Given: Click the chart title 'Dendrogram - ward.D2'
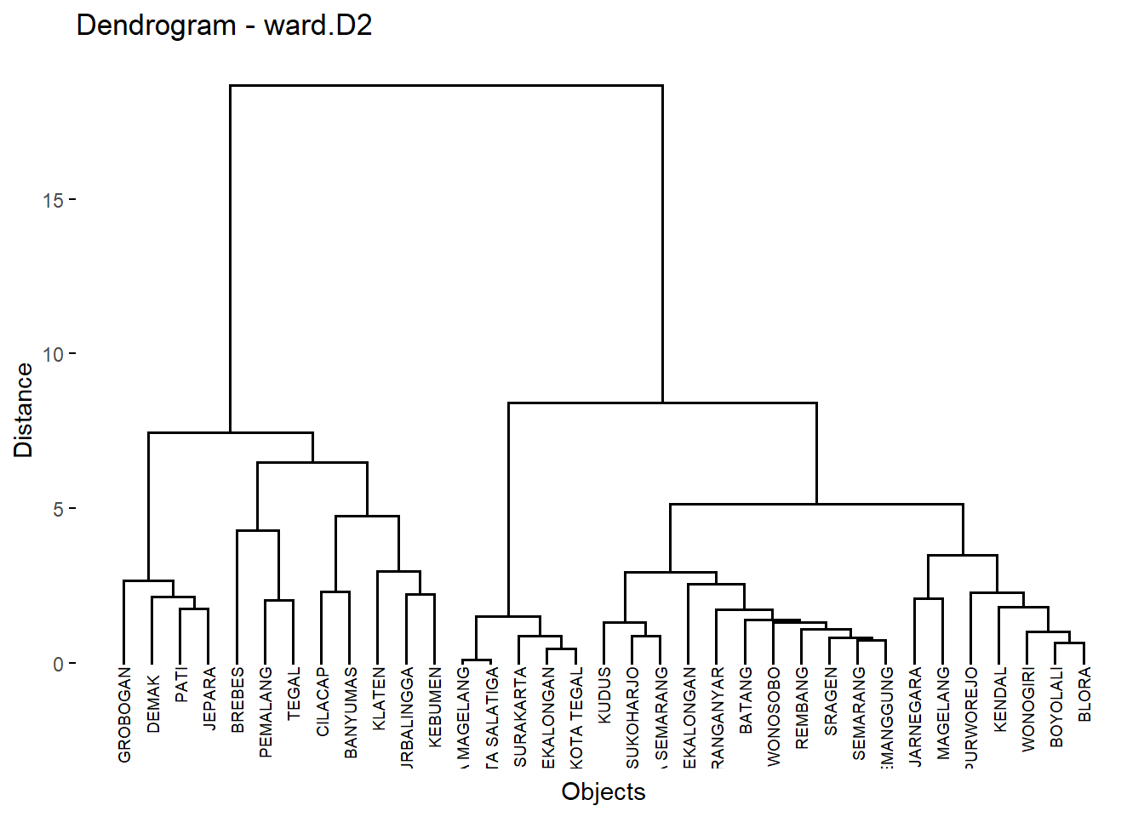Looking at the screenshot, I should (x=224, y=26).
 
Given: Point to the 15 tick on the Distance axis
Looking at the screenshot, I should (x=53, y=201).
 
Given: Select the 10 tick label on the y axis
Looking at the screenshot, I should (x=53, y=355).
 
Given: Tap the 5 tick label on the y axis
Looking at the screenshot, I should (x=58, y=510).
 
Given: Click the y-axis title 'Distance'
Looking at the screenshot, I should (x=24, y=410).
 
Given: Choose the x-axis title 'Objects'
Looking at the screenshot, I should (x=603, y=791).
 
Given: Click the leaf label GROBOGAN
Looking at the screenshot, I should (x=124, y=714).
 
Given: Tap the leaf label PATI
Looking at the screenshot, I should (x=181, y=685).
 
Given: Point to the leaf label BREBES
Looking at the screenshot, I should (x=237, y=700).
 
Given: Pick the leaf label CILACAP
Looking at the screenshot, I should (x=323, y=701).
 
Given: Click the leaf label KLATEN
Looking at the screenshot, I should (x=379, y=699).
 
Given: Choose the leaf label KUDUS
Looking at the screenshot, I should (x=604, y=695).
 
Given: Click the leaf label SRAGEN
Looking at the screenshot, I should (x=831, y=701).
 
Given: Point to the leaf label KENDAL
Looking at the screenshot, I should (x=1000, y=699).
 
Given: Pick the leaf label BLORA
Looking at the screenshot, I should (x=1084, y=694).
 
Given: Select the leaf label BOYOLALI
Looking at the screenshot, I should (x=1056, y=707).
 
